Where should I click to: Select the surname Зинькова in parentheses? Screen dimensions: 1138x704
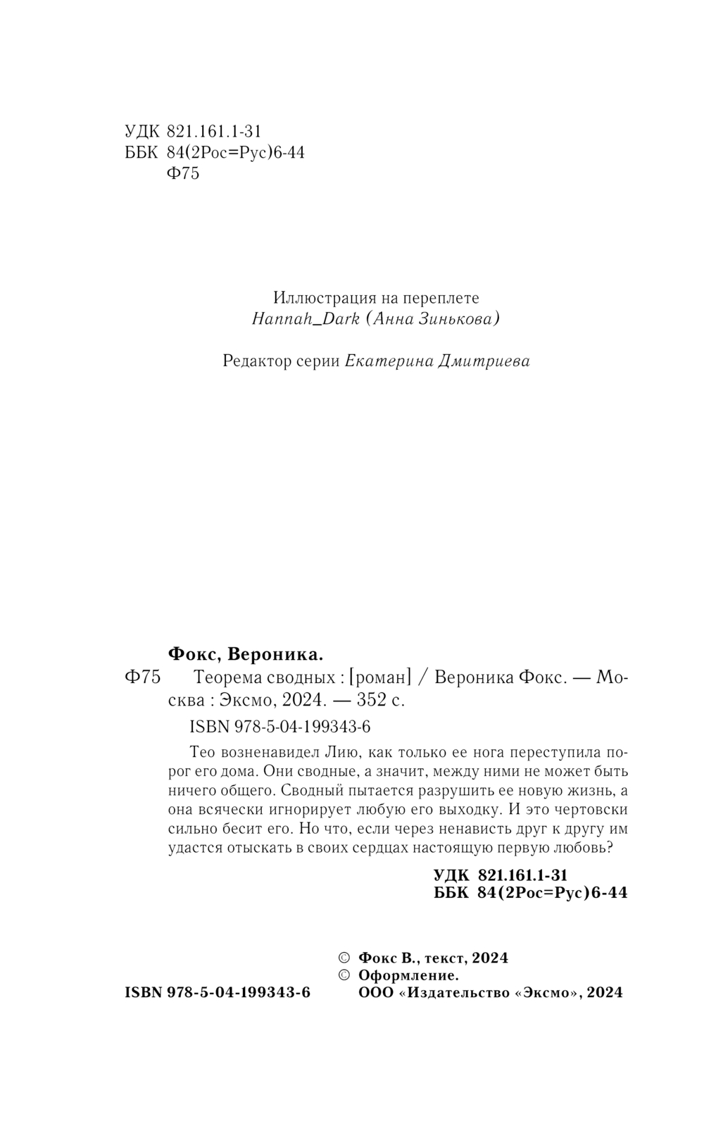(x=460, y=319)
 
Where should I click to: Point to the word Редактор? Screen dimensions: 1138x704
(x=254, y=361)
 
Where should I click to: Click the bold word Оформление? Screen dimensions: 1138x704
(x=408, y=975)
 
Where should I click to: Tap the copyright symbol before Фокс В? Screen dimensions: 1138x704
(x=344, y=958)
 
